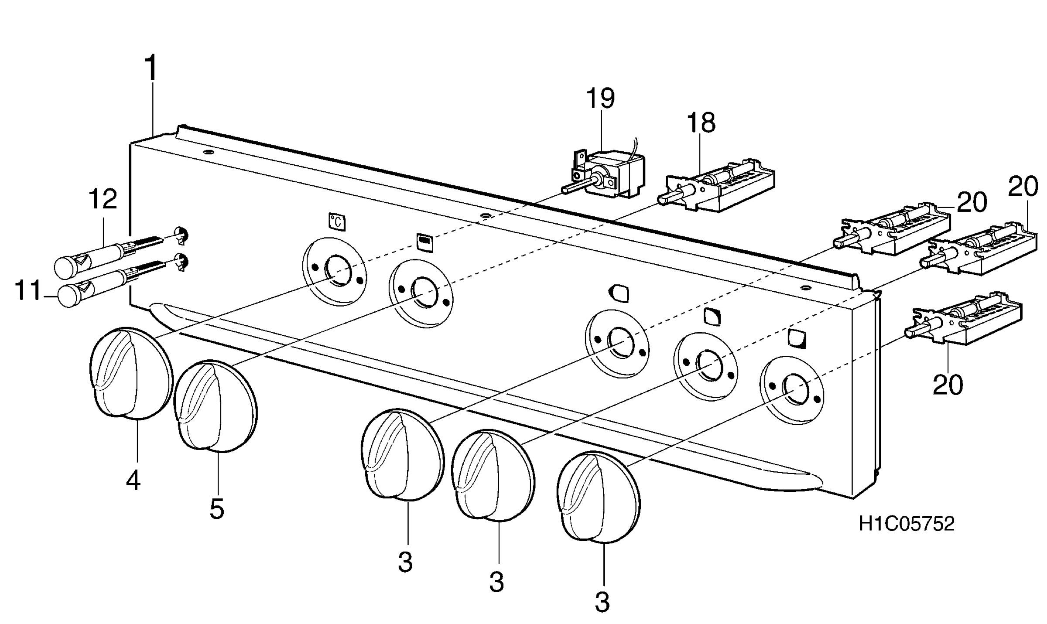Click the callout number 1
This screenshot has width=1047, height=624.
[151, 68]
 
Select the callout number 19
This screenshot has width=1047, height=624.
[600, 98]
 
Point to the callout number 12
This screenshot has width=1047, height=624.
[103, 199]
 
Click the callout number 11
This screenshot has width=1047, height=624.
[28, 291]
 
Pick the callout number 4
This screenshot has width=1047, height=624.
[133, 481]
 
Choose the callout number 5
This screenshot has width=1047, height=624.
[217, 508]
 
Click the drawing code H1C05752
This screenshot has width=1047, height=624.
[907, 524]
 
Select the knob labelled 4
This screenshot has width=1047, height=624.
[130, 374]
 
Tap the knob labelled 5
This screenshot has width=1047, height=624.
[215, 406]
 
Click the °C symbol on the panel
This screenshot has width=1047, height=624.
[336, 222]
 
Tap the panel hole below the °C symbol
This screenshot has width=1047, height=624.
[335, 270]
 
